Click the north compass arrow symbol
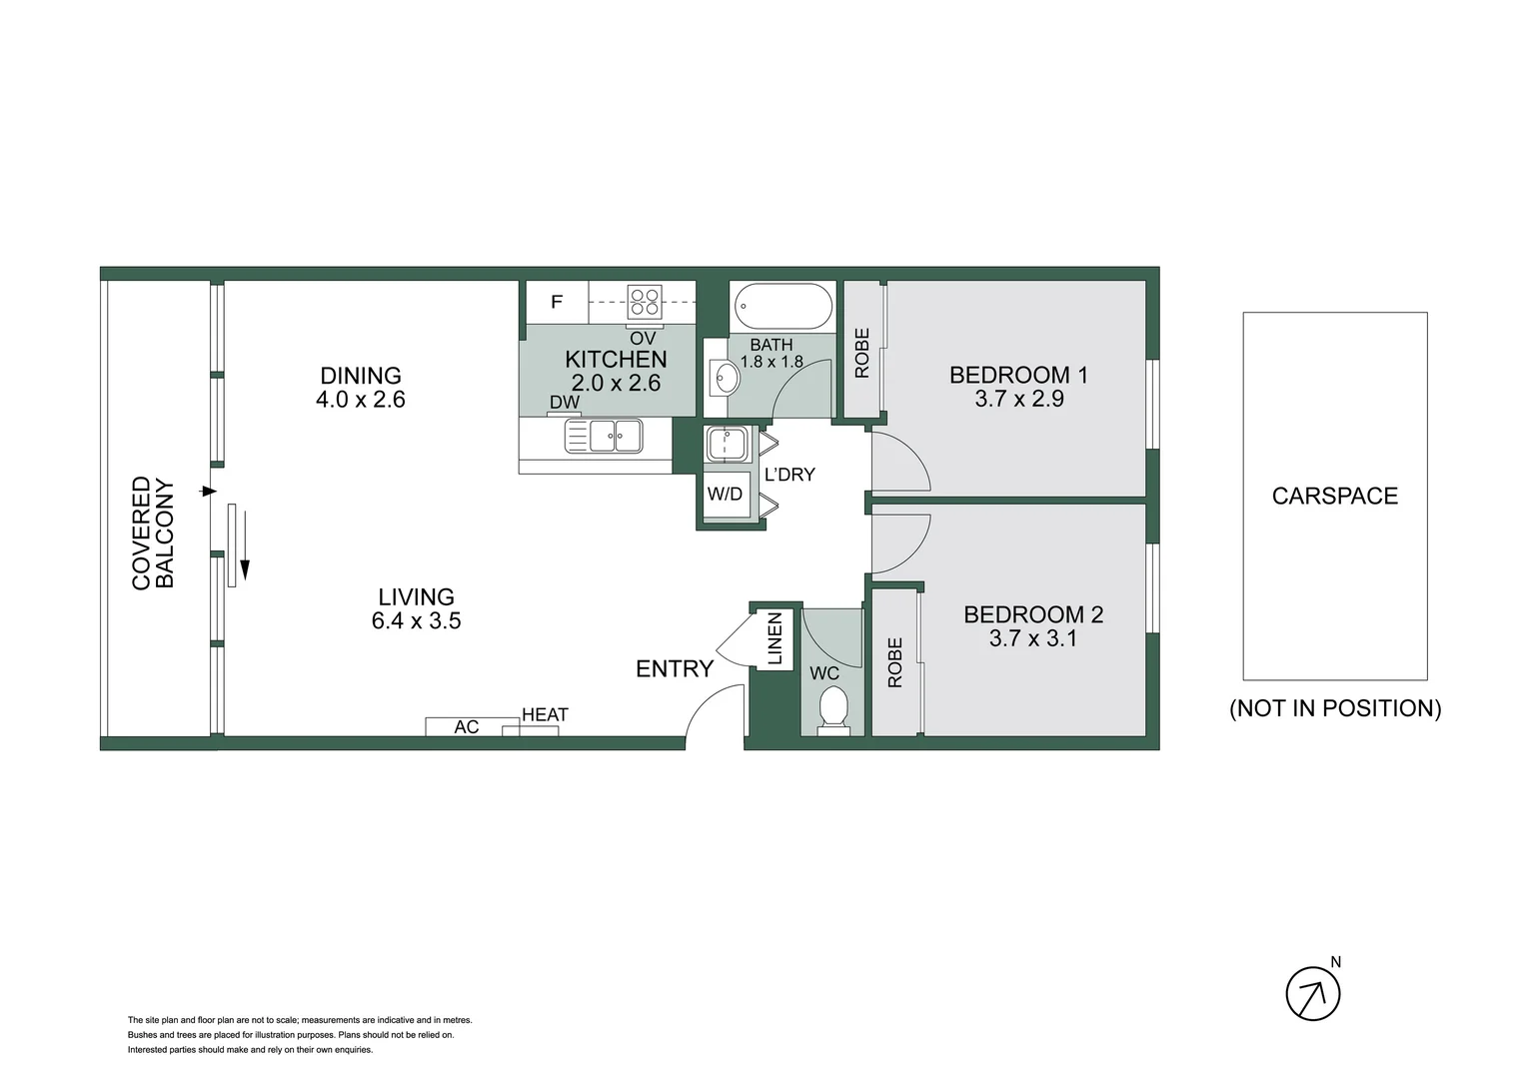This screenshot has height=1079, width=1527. click(x=1312, y=994)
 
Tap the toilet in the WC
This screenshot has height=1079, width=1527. click(x=832, y=710)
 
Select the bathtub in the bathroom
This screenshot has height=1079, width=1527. click(x=782, y=307)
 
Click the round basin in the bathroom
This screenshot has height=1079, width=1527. click(x=727, y=378)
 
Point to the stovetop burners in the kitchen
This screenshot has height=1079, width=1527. click(x=644, y=301)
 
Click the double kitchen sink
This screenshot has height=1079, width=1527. click(x=604, y=436)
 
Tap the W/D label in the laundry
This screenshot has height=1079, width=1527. click(x=725, y=494)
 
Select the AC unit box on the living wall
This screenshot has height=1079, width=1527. click(x=466, y=727)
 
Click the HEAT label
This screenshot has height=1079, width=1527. click(x=545, y=714)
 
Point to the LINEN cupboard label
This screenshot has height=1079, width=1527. click(x=774, y=638)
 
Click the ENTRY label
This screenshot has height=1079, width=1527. click(x=675, y=668)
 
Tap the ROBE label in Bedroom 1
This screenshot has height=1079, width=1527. click(x=862, y=353)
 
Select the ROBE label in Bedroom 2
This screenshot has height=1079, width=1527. click(x=894, y=662)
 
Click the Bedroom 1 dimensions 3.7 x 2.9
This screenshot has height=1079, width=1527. click(x=1018, y=399)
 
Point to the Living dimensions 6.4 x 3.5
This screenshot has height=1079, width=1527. click(x=416, y=620)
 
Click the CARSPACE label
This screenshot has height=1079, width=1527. click(x=1334, y=496)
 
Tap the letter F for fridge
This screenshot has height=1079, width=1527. click(x=557, y=302)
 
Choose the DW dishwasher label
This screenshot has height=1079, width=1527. click(x=564, y=403)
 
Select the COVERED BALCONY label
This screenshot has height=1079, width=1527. click(x=153, y=533)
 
